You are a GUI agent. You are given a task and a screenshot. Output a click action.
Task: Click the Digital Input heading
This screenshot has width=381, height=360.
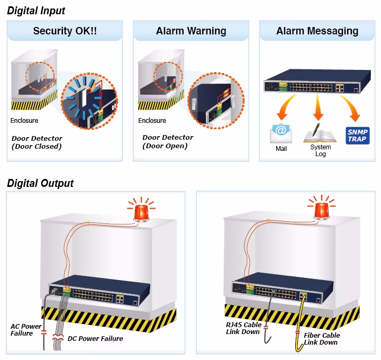(36, 11)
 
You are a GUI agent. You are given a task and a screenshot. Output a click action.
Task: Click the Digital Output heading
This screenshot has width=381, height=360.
(40, 183)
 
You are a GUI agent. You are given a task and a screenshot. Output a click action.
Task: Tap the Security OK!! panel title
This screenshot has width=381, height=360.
(65, 31)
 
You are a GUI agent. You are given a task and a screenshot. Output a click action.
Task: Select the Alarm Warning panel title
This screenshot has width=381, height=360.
(191, 31)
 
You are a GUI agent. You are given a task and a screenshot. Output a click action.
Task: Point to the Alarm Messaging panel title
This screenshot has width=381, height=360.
(317, 31)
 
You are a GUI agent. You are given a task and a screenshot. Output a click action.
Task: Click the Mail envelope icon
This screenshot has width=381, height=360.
(281, 133)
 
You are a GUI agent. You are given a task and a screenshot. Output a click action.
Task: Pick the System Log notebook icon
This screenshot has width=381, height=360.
(320, 133)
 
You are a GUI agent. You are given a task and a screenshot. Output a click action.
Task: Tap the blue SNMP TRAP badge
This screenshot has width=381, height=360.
(357, 136)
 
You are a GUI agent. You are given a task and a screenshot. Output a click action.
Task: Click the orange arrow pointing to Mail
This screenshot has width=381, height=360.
(286, 107)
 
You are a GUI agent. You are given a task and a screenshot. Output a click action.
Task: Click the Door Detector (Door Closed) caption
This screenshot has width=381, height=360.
(37, 142)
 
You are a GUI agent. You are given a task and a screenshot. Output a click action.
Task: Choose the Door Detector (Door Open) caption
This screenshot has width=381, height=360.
(168, 141)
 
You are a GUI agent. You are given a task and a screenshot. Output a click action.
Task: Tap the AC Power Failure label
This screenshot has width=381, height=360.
(26, 330)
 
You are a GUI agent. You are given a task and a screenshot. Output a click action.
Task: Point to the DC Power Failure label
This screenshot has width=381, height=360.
(95, 338)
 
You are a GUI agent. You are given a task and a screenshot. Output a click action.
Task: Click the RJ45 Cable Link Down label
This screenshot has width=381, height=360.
(244, 328)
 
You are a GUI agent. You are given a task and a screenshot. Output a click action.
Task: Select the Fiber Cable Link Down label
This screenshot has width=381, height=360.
(322, 339)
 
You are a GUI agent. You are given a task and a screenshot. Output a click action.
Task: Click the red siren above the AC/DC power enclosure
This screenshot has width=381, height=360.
(141, 212)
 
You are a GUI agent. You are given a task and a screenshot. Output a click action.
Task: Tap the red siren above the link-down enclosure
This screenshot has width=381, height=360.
(322, 210)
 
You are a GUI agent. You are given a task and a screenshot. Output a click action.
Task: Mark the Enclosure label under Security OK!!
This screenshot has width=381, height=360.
(24, 120)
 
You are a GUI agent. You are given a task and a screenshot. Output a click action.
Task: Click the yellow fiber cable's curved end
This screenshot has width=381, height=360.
(298, 348)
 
